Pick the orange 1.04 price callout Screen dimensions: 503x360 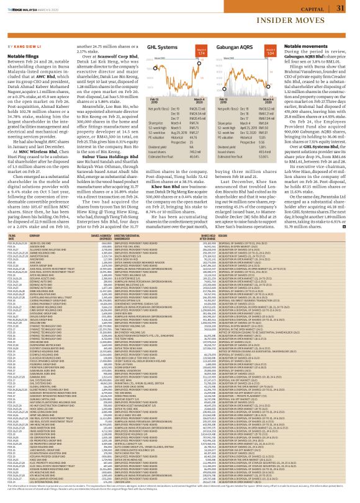point(287,54)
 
